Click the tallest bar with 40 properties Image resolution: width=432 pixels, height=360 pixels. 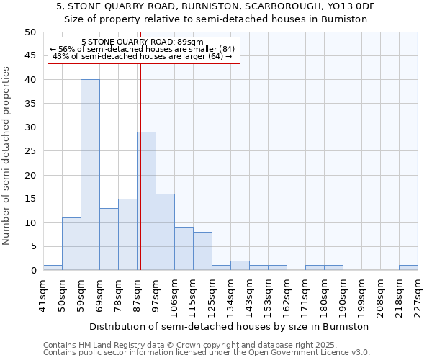[x=90, y=175]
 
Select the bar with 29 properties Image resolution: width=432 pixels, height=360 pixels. [x=146, y=201]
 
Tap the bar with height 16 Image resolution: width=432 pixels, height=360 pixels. [x=165, y=232]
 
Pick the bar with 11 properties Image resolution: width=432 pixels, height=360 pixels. [x=71, y=244]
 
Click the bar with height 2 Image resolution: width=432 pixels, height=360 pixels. [x=240, y=266]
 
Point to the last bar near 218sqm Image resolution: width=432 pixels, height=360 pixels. [x=408, y=268]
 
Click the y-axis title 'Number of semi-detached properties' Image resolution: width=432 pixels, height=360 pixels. [x=7, y=156]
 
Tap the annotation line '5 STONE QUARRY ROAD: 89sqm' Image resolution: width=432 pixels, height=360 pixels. [x=143, y=42]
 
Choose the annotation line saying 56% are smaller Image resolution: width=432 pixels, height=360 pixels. [x=143, y=49]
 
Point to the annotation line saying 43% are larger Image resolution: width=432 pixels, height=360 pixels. [x=143, y=56]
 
